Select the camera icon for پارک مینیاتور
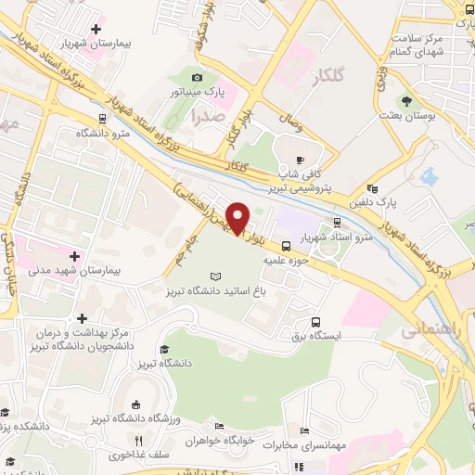coord(197,78)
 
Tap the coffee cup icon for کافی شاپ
coord(300,158)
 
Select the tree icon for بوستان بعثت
coord(405,100)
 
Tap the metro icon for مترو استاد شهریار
coord(336,223)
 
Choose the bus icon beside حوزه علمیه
coord(287,247)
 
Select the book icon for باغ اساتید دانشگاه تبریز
coord(216,276)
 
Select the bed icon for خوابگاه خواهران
coord(219,427)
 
